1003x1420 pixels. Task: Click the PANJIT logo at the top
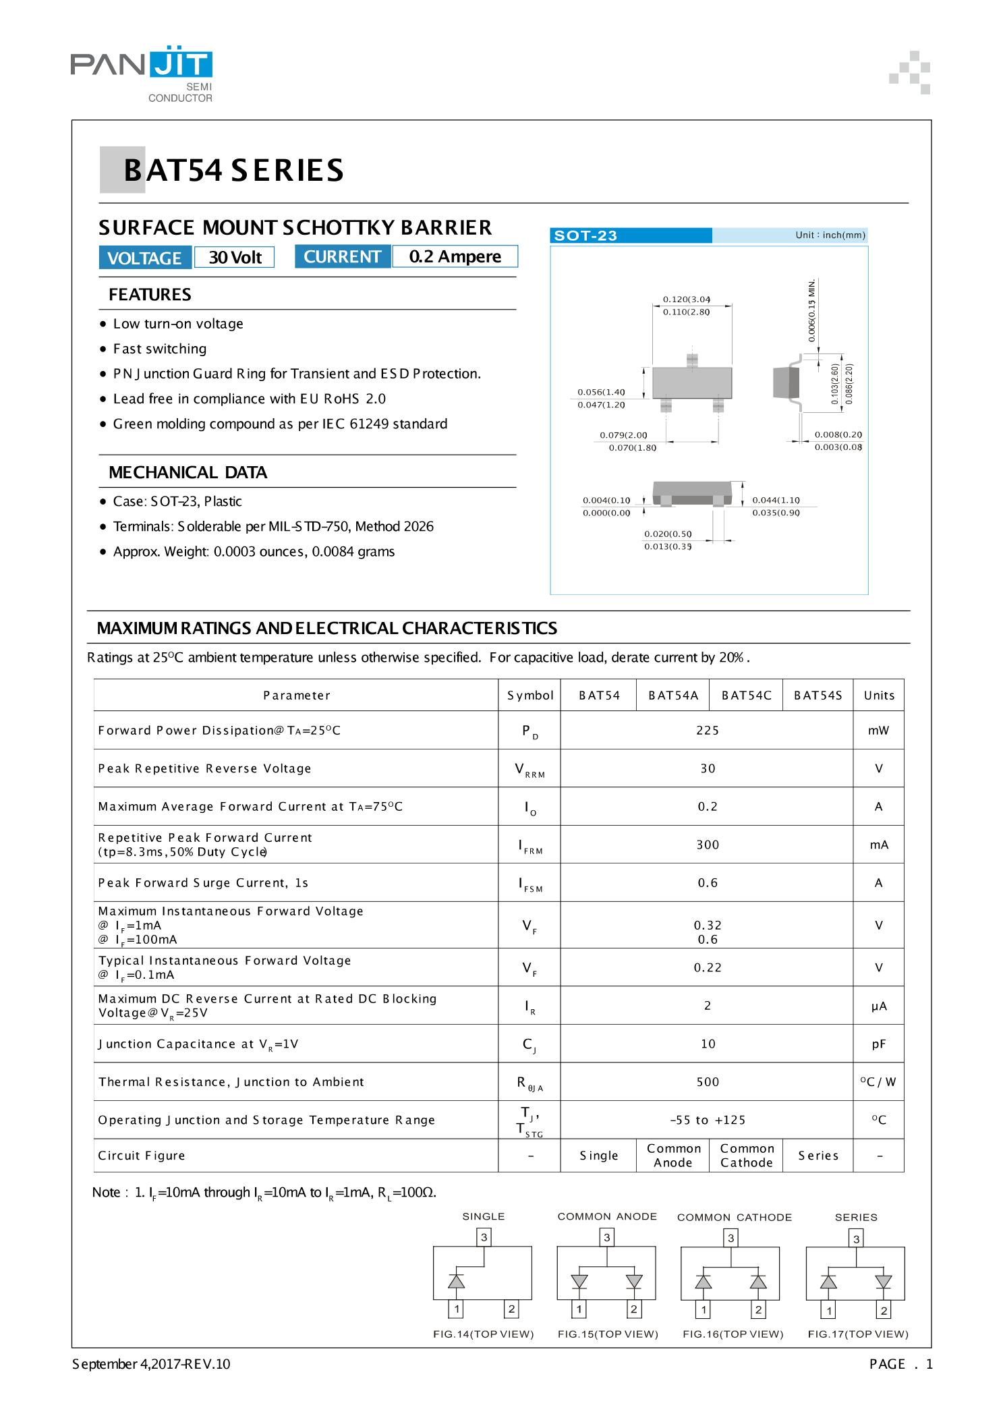(142, 66)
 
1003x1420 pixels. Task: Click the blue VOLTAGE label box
(144, 258)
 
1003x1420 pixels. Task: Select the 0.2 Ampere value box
(455, 257)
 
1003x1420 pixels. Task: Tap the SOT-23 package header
(585, 235)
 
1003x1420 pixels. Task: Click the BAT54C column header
(746, 695)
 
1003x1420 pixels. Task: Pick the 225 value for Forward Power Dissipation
(708, 731)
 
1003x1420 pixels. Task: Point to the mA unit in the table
(879, 845)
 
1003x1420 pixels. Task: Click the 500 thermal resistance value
(708, 1082)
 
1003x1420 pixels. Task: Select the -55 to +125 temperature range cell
(708, 1120)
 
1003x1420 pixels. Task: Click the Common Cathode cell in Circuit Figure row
(746, 1156)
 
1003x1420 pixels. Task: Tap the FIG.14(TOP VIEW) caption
(483, 1334)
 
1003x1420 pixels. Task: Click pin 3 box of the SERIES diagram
(856, 1239)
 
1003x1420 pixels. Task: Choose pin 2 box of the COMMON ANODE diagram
(634, 1309)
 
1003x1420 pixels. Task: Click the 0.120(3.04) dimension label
(687, 300)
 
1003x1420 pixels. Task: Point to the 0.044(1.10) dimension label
(776, 501)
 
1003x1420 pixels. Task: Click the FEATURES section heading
(150, 295)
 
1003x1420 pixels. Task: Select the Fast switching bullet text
(160, 349)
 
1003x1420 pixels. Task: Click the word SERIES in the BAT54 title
(287, 171)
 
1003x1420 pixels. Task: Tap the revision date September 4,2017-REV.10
(151, 1364)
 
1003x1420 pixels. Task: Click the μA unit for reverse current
(879, 1006)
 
